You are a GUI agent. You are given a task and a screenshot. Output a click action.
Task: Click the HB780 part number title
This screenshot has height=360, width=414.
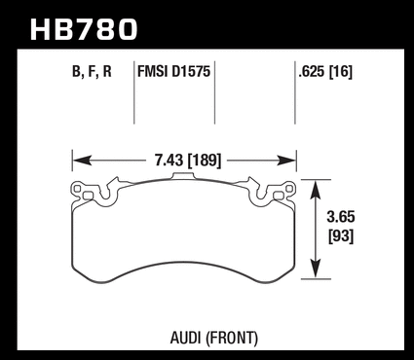[84, 29]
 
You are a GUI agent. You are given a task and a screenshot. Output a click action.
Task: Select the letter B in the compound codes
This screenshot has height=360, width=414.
[76, 71]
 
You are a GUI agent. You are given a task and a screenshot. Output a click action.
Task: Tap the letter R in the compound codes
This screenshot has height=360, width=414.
[107, 71]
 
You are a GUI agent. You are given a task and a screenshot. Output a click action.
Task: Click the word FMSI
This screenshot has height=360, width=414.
[153, 71]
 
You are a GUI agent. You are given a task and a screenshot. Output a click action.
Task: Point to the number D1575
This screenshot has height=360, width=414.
[191, 71]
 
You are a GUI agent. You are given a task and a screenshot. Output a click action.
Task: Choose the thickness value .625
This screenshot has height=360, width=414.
[312, 72]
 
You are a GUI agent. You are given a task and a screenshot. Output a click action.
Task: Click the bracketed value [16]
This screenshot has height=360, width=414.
[341, 72]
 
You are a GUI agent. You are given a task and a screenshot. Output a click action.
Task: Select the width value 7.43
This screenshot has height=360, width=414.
[169, 161]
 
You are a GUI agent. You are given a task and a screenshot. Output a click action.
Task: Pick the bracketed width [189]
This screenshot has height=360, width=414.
[205, 161]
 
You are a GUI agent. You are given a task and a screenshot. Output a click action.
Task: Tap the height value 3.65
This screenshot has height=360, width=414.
[341, 217]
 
